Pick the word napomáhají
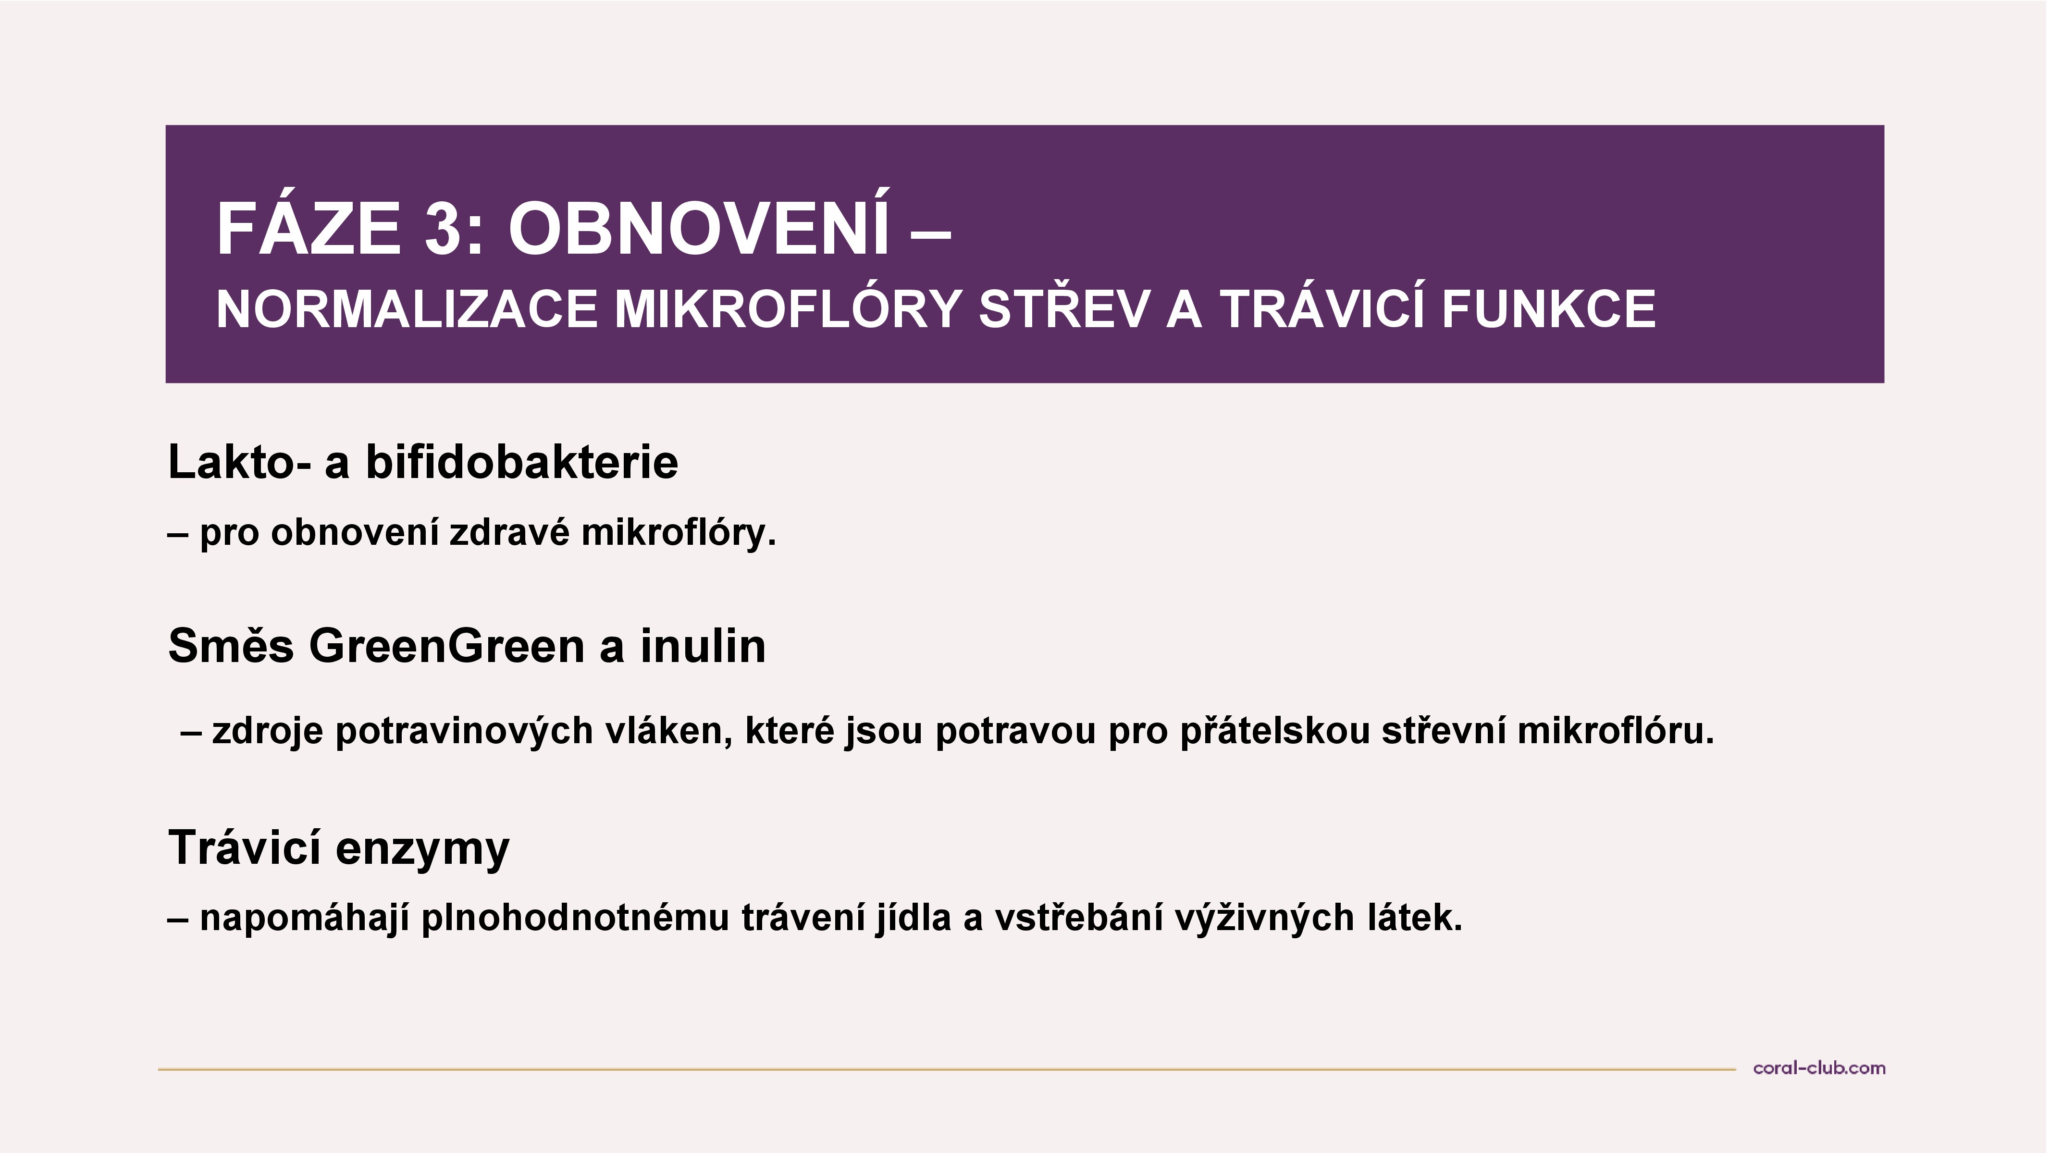click(x=304, y=918)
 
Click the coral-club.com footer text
click(x=1819, y=1068)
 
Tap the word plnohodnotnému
click(x=575, y=918)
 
